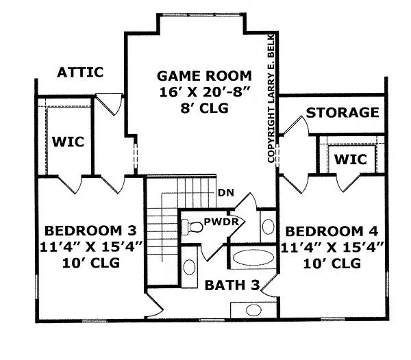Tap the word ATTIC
[80, 72]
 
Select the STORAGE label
[342, 112]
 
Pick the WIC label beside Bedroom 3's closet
[67, 142]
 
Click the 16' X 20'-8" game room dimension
[195, 92]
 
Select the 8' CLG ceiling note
[195, 108]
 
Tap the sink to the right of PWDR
[267, 226]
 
